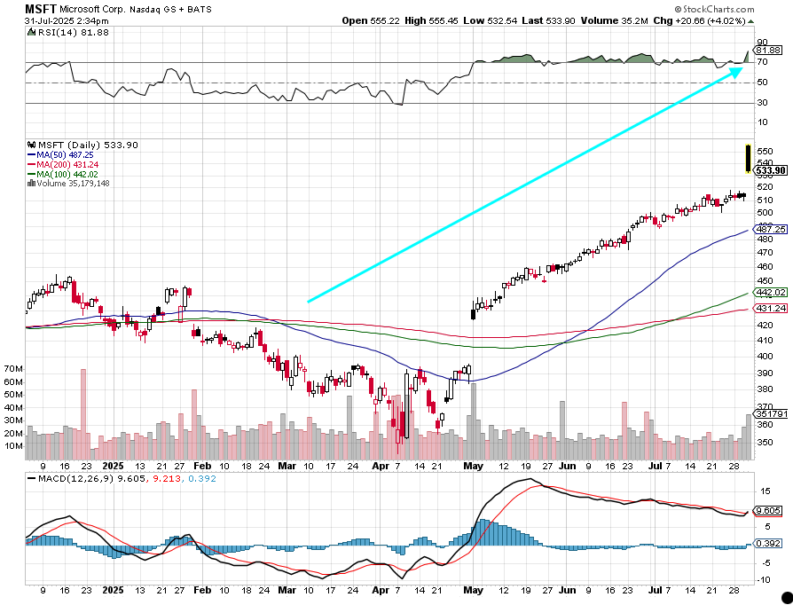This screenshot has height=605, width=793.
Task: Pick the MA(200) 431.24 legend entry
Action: tap(66, 164)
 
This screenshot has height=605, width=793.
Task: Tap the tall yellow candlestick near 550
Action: tap(748, 157)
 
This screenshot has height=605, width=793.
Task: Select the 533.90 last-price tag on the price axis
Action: tap(771, 170)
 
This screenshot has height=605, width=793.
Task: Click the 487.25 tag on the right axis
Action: tap(770, 229)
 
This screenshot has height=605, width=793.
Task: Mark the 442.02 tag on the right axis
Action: tap(770, 292)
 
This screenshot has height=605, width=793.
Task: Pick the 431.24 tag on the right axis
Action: tap(770, 308)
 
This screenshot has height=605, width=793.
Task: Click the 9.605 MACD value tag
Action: tap(768, 511)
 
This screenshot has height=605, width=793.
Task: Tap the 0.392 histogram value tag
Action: tap(768, 543)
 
